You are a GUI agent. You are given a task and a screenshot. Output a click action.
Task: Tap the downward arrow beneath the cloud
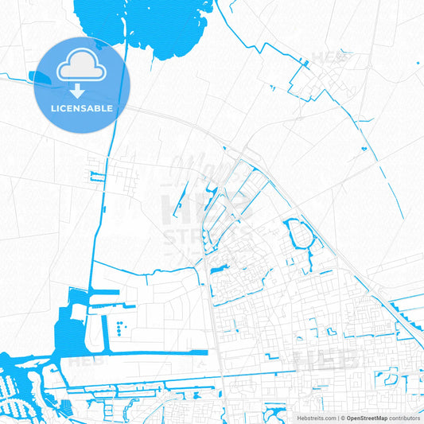[x=83, y=91]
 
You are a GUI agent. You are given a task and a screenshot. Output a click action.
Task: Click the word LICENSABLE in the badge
[x=83, y=108]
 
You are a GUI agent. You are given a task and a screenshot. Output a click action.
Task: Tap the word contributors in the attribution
[x=405, y=418]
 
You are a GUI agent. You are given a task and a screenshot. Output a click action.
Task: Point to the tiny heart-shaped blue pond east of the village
[x=364, y=148]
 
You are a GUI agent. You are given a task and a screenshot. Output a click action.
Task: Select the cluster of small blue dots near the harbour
[x=119, y=326]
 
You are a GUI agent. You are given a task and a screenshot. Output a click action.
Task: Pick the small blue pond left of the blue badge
[x=38, y=77]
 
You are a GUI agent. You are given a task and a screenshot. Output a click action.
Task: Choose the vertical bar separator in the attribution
[x=338, y=418]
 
